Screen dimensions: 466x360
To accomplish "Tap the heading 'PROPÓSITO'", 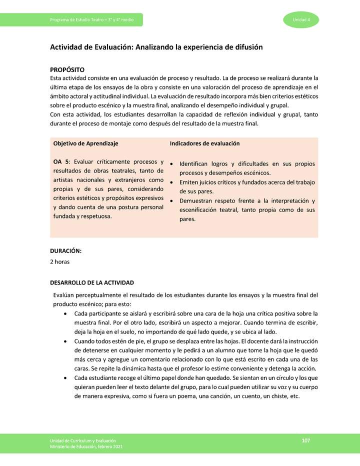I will [67, 69].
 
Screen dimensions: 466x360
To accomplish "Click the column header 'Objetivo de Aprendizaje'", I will [85, 143].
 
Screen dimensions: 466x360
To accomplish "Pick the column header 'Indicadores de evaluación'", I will [204, 143].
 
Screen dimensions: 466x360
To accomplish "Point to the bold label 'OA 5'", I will [61, 162].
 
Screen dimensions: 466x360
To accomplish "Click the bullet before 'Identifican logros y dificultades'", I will [172, 164].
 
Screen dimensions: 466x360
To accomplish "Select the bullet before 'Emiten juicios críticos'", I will [172, 182].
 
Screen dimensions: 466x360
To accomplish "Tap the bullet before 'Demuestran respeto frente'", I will [172, 201].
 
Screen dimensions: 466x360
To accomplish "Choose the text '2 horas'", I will [60, 261].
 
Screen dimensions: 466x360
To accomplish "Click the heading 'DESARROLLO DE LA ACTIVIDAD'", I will [92, 283].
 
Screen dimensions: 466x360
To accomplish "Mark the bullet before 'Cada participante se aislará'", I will [66, 313].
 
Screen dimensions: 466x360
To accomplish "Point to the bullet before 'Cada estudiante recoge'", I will [66, 378].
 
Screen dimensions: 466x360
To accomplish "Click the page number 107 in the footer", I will [306, 440].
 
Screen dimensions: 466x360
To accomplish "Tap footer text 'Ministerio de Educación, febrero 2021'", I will [86, 446].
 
